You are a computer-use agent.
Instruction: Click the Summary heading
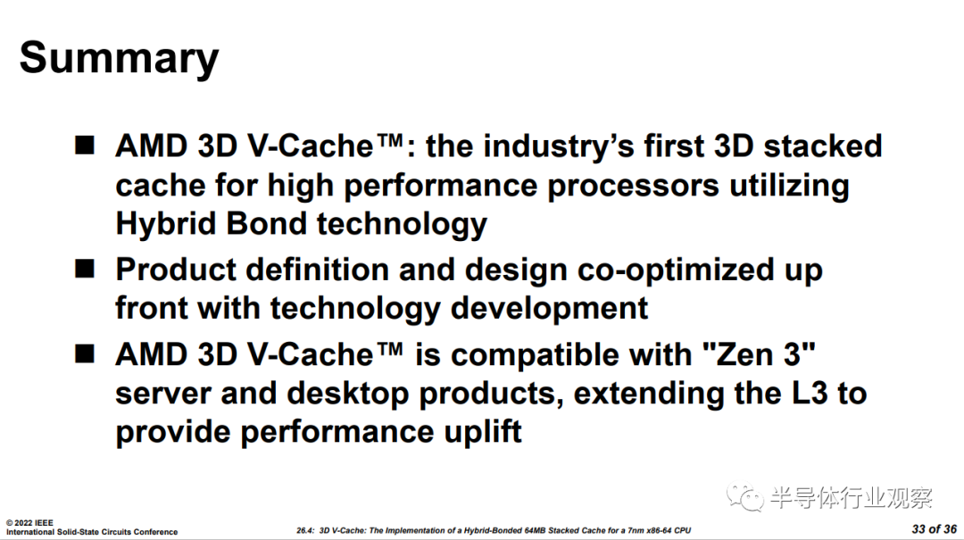[x=119, y=58]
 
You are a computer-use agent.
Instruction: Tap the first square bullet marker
[x=85, y=145]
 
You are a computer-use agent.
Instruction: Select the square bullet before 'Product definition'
[x=85, y=269]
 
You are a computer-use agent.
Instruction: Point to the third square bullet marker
[x=85, y=353]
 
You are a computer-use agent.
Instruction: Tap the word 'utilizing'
[x=789, y=187]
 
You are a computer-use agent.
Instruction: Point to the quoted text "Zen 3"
[x=759, y=355]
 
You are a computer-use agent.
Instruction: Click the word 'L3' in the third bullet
[x=809, y=394]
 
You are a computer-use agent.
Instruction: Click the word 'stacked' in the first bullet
[x=823, y=146]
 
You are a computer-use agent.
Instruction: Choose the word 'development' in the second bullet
[x=549, y=309]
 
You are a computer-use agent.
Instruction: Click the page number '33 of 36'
[x=934, y=529]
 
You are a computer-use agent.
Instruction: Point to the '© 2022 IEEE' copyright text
[x=29, y=523]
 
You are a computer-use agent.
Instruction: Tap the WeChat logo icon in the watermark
[x=745, y=497]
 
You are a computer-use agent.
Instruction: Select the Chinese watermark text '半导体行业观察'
[x=852, y=497]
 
